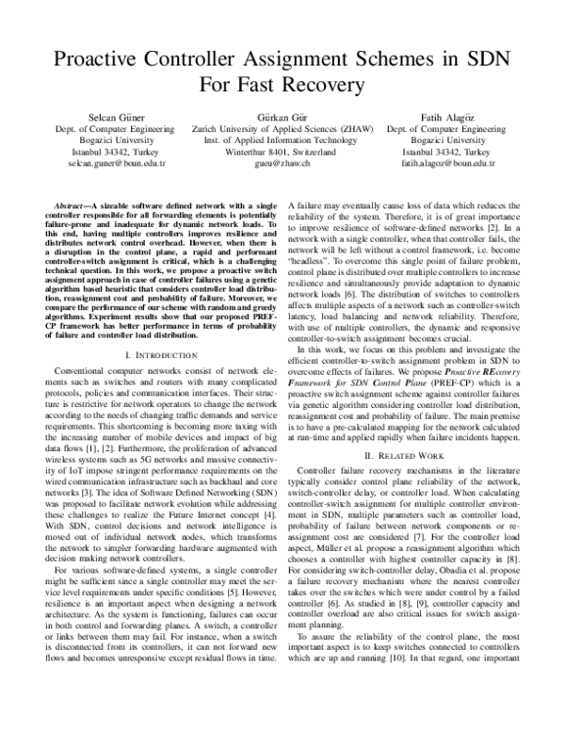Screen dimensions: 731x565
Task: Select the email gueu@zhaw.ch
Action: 282,163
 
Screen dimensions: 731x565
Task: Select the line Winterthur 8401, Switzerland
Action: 282,151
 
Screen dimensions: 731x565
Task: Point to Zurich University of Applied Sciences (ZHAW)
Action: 282,127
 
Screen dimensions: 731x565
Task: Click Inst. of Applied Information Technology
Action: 282,139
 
